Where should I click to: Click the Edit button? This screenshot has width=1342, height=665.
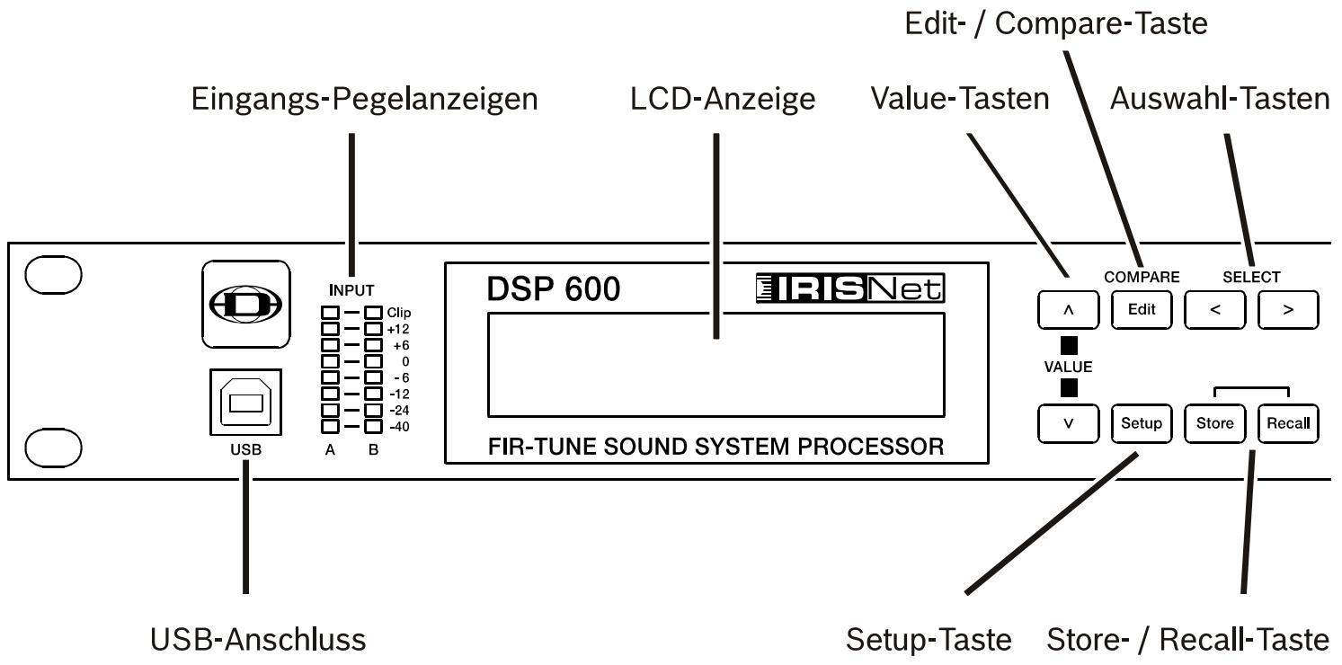pyautogui.click(x=1142, y=310)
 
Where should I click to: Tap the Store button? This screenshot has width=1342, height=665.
pyautogui.click(x=1214, y=423)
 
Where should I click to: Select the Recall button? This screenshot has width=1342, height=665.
pyautogui.click(x=1288, y=423)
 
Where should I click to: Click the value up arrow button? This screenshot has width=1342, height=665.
pyautogui.click(x=1068, y=310)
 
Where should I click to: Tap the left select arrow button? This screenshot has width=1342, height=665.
pyautogui.click(x=1214, y=310)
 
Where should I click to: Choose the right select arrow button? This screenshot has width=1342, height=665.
pyautogui.click(x=1288, y=310)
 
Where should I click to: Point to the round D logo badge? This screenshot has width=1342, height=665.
pyautogui.click(x=245, y=304)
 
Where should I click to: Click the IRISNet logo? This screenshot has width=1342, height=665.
pyautogui.click(x=850, y=288)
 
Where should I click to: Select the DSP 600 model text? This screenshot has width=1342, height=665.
pyautogui.click(x=553, y=289)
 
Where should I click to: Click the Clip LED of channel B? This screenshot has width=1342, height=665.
pyautogui.click(x=373, y=313)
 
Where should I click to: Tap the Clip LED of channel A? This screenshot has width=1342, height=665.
pyautogui.click(x=330, y=313)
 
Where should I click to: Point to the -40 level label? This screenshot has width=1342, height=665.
pyautogui.click(x=399, y=427)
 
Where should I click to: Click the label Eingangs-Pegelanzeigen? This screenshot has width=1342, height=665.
pyautogui.click(x=364, y=99)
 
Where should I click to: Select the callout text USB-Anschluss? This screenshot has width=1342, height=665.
pyautogui.click(x=257, y=639)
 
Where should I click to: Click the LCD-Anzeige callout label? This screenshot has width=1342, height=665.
pyautogui.click(x=723, y=99)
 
